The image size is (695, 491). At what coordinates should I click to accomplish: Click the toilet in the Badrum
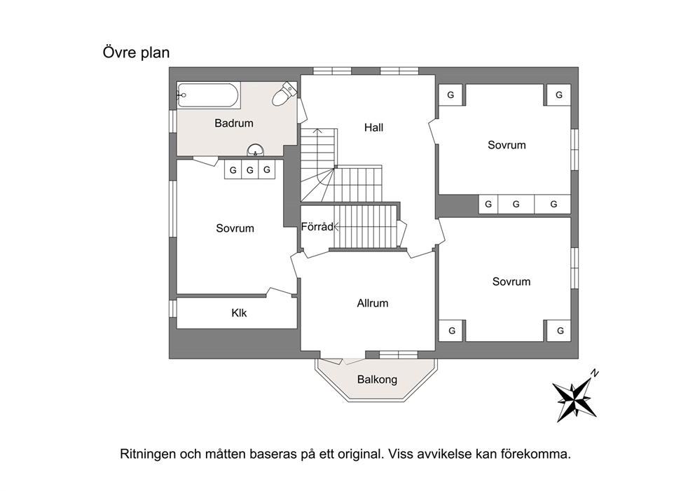click(x=284, y=94)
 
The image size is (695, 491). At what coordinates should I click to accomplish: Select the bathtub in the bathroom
click(x=209, y=95)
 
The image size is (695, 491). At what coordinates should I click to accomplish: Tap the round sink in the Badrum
click(x=255, y=150)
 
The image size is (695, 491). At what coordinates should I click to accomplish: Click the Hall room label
click(x=373, y=127)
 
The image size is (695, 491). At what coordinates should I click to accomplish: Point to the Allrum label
click(x=372, y=303)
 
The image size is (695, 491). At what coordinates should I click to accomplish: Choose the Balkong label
click(x=377, y=380)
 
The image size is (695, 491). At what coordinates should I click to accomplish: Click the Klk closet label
click(x=239, y=313)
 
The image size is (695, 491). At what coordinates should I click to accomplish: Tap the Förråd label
click(x=317, y=227)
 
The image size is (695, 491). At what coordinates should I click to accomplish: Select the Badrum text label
click(x=234, y=123)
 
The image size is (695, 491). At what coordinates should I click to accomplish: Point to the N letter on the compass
click(x=595, y=373)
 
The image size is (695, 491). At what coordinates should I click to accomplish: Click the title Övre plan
click(x=136, y=53)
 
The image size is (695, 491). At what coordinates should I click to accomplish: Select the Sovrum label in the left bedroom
click(x=235, y=228)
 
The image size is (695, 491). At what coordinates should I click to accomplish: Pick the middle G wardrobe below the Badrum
click(x=249, y=170)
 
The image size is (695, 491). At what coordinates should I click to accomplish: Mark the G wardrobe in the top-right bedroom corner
click(x=558, y=95)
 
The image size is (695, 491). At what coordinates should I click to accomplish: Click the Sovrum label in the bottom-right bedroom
click(x=511, y=282)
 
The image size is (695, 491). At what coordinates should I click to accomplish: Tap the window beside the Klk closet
click(x=173, y=308)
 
